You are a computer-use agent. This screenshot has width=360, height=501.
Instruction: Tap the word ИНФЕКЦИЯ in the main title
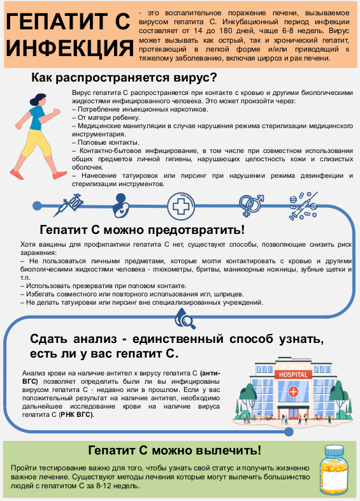coord(69,48)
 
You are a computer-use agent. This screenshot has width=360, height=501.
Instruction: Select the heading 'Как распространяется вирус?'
coord(124,78)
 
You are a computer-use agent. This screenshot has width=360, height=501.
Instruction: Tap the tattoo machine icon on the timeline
coord(69,205)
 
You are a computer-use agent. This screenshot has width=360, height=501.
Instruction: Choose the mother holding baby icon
coord(121,205)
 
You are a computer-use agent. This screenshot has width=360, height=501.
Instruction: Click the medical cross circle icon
coord(181,206)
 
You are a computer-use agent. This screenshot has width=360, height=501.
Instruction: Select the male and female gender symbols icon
coord(252,205)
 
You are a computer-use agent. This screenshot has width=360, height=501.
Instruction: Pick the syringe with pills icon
coord(303,206)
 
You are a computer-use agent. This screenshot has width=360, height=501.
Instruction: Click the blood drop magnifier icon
coord(185,319)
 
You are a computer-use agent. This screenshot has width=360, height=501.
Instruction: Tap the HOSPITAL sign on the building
coord(293,374)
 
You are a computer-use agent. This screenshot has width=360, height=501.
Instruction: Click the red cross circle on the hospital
coord(293,391)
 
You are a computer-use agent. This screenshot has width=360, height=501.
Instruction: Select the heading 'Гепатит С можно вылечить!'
coord(175,450)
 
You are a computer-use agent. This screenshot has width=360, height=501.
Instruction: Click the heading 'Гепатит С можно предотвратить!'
coord(142,229)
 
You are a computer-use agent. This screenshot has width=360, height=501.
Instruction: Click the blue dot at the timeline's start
coord(37,205)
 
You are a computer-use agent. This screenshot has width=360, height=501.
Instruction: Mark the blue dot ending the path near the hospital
coord(289,432)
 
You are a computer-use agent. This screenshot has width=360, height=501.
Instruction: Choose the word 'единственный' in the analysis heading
coord(178,339)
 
